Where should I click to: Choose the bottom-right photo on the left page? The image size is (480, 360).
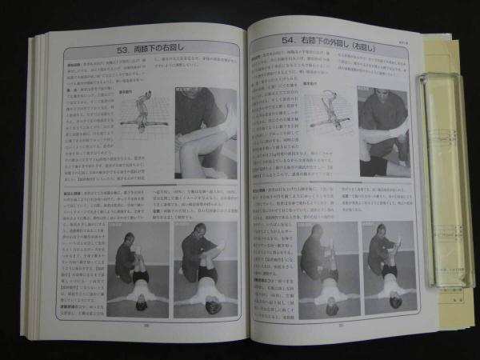coord(204,270)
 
